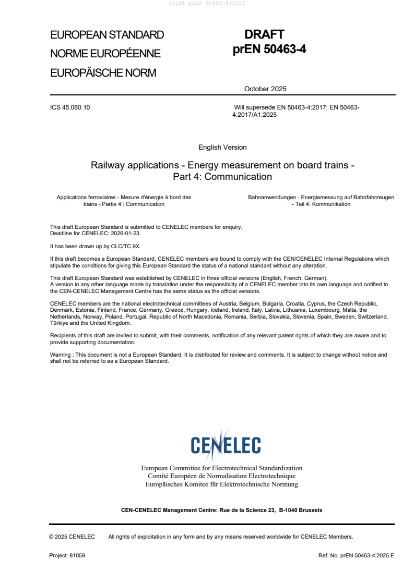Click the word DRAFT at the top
[264, 35]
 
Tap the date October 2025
[265, 89]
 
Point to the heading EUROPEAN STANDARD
[107, 35]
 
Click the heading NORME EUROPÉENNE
[105, 54]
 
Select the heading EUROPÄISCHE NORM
[103, 72]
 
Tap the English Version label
[222, 148]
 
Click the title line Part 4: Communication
[222, 177]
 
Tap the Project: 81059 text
[67, 556]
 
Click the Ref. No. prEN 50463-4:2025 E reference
[356, 556]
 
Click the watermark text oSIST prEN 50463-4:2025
[207, 3]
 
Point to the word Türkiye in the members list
[59, 323]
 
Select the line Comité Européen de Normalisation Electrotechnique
[222, 476]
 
